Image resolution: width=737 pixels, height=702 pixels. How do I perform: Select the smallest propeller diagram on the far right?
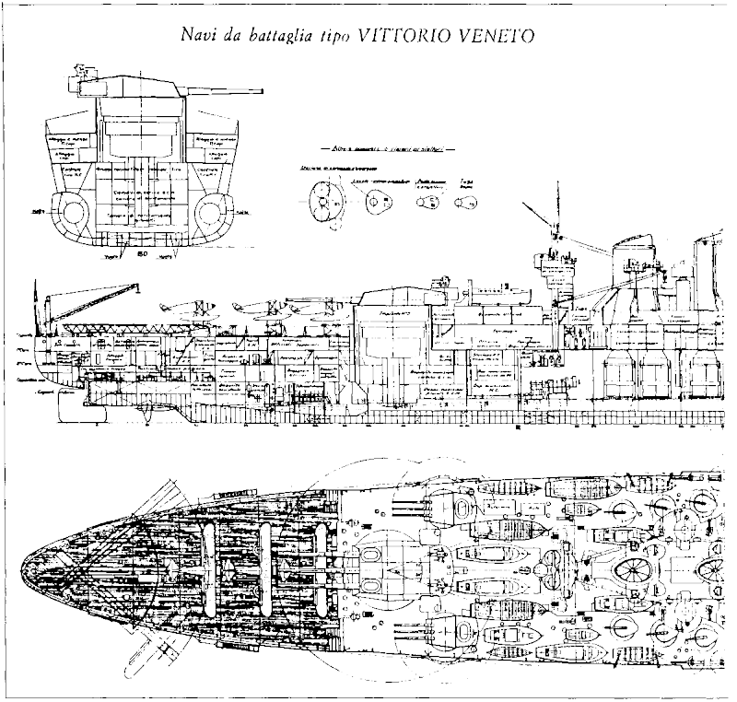(466, 202)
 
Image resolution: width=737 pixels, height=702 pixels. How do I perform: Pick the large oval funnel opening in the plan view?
(633, 572)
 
